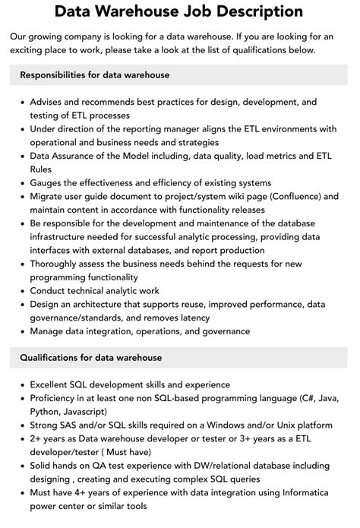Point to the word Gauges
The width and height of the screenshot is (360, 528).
[49, 182]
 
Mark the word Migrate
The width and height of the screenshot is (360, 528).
[49, 195]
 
